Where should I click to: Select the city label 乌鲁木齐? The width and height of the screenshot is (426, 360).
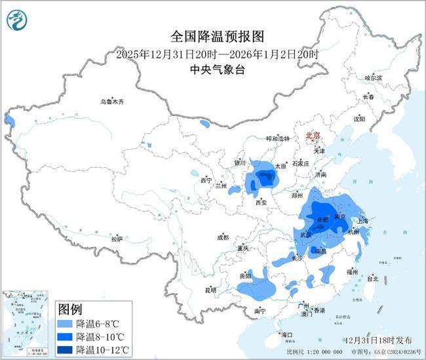pos(112,102)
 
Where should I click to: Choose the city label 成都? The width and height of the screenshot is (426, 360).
pos(223,237)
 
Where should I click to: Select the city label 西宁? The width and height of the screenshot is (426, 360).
pos(206,180)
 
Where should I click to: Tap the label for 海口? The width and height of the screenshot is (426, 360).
pos(287,335)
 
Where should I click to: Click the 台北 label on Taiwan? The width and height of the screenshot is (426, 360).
pos(372,278)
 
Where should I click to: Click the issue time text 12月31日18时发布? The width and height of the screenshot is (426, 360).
pos(378,340)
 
